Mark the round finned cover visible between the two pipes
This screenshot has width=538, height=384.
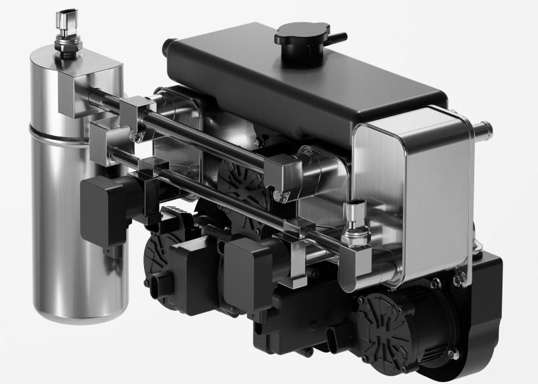tap(237, 184)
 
